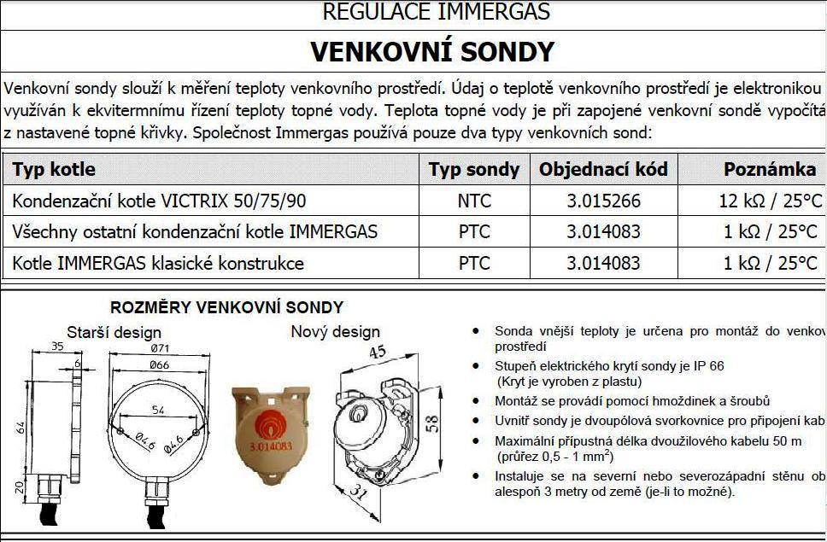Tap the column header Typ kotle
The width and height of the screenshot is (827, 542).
pos(54,169)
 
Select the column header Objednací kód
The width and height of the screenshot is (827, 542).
pos(603,169)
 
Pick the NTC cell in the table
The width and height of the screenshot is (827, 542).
pos(474,201)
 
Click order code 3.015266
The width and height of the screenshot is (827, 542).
pos(603,201)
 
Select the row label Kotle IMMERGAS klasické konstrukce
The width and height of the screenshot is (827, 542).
pos(158,263)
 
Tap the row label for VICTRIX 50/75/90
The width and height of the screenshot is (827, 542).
pos(159,201)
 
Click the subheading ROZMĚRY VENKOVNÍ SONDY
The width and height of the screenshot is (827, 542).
pos(226,307)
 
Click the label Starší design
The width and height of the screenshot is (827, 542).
pos(114,332)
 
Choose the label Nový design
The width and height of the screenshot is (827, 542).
pos(335,331)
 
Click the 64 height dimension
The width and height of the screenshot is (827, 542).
pos(18,425)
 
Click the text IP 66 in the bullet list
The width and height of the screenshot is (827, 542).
pos(708,366)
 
